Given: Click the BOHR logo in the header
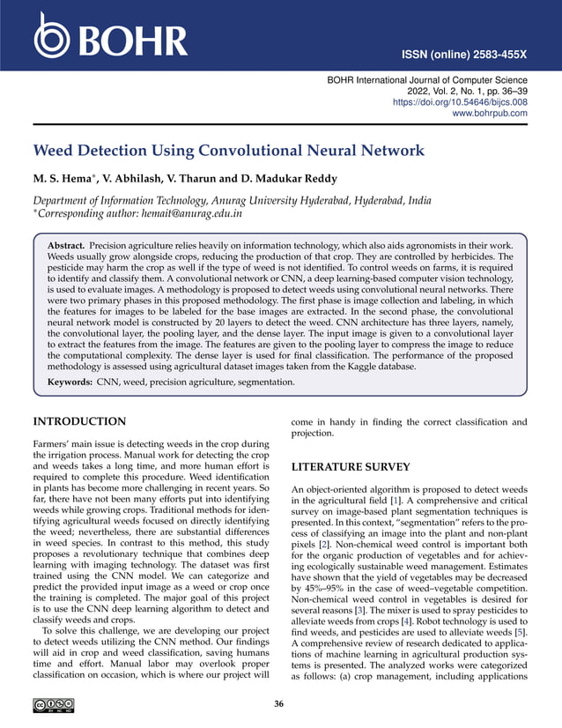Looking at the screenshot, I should [x=110, y=38].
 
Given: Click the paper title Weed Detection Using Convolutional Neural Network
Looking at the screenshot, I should [x=228, y=151].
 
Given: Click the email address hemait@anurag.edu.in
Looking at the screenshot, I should [x=192, y=212].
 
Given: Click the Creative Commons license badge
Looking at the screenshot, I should [x=53, y=704].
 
